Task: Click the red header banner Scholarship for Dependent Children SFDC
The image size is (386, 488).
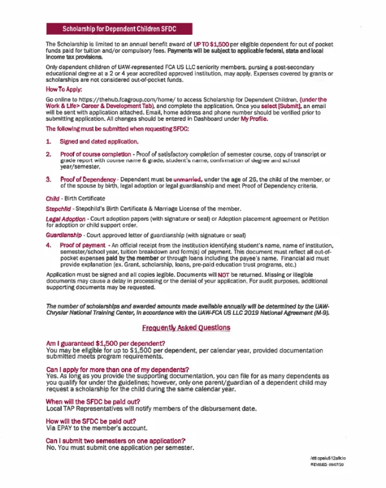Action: pyautogui.click(x=119, y=29)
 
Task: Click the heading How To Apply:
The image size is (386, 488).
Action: pyautogui.click(x=64, y=89)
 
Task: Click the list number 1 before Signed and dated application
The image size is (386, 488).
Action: pyautogui.click(x=48, y=140)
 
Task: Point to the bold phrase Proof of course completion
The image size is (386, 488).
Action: pyautogui.click(x=96, y=155)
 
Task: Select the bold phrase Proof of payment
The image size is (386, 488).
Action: pyautogui.click(x=85, y=245)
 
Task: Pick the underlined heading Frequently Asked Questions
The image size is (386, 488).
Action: pyautogui.click(x=186, y=328)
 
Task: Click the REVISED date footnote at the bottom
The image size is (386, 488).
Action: pyautogui.click(x=327, y=464)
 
